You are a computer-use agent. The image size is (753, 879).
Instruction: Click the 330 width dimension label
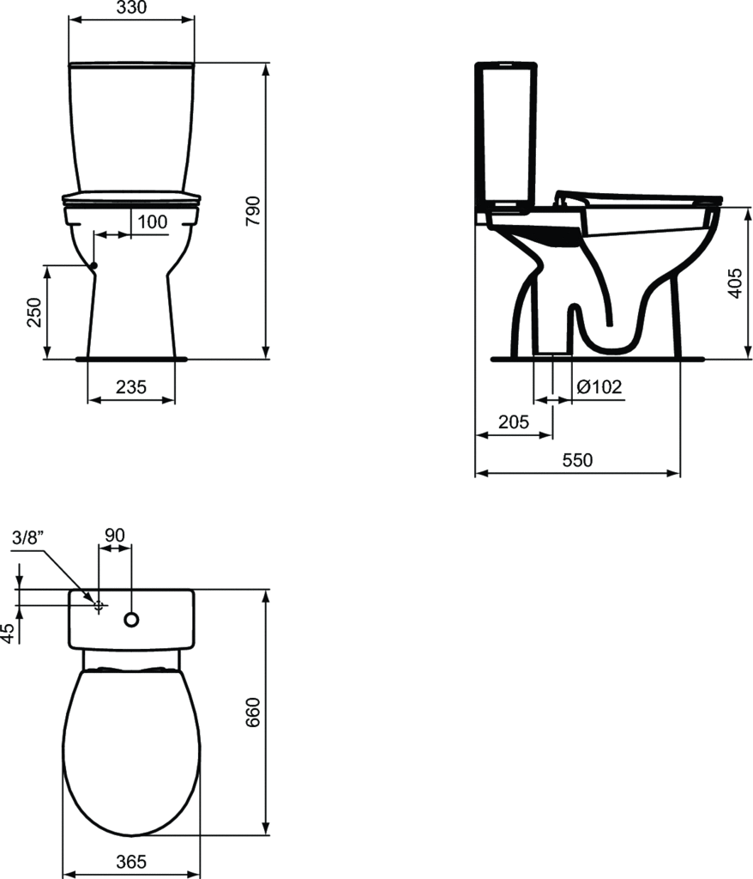coord(132,7)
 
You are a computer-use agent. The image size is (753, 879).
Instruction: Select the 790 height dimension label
coord(253,211)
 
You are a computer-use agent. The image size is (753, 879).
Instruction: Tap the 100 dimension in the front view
coord(153,222)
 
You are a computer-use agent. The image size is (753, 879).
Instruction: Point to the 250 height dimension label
coord(34,312)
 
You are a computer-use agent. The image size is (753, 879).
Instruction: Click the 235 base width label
coord(131,387)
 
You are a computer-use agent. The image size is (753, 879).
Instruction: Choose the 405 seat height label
coord(735,283)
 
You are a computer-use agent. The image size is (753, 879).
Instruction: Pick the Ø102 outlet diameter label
coord(599,386)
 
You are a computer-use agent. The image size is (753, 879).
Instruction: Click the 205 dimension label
coord(513,421)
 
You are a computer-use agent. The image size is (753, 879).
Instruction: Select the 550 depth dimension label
coord(577,460)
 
